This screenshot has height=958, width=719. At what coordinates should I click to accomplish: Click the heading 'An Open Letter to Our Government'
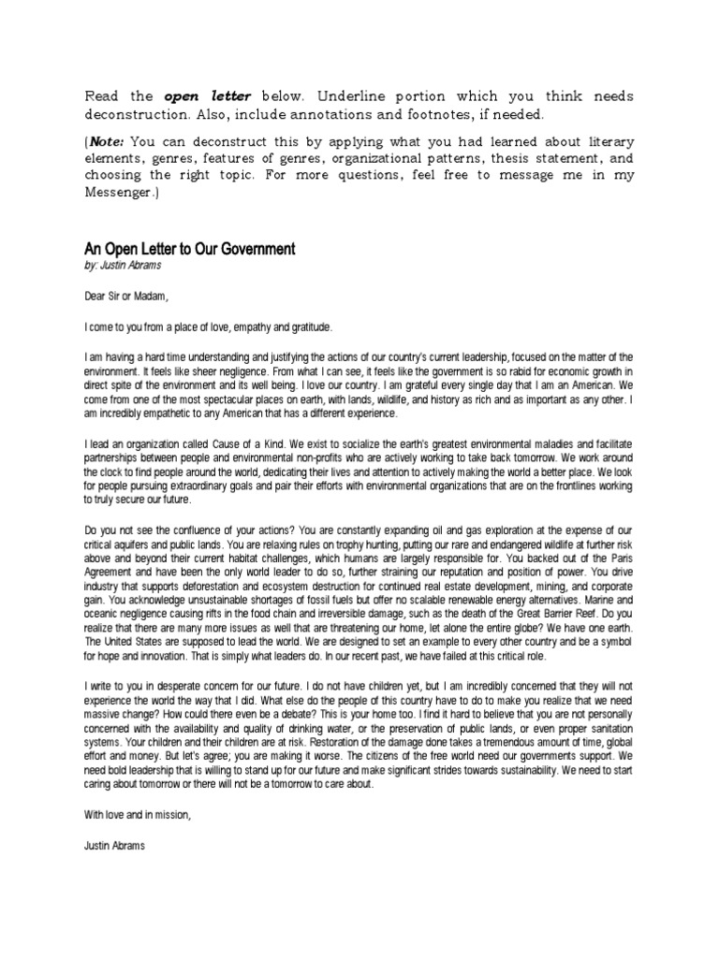coord(190,249)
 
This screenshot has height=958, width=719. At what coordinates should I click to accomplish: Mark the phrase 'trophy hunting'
coord(330,545)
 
